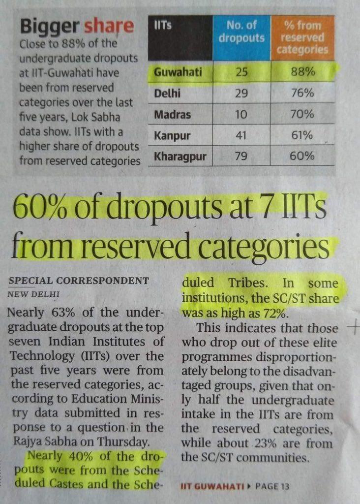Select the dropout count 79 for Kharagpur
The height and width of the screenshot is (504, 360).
pos(241,157)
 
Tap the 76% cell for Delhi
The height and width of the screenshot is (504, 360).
pos(302,93)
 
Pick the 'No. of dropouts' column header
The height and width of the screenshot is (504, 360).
pos(241,31)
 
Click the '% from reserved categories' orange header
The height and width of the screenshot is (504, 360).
pos(302,37)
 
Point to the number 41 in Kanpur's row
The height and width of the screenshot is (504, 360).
pos(241,135)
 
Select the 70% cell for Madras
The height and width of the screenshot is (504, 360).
pos(302,114)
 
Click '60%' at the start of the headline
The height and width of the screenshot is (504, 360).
pos(39,209)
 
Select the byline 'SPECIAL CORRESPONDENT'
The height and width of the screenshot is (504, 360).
pos(79,281)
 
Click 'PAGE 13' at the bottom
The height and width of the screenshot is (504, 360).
pos(272,486)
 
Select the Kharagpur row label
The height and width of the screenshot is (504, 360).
pos(180,157)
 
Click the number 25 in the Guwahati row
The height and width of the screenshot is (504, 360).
pos(241,73)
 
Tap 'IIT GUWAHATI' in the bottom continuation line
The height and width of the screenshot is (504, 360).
pos(212,486)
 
